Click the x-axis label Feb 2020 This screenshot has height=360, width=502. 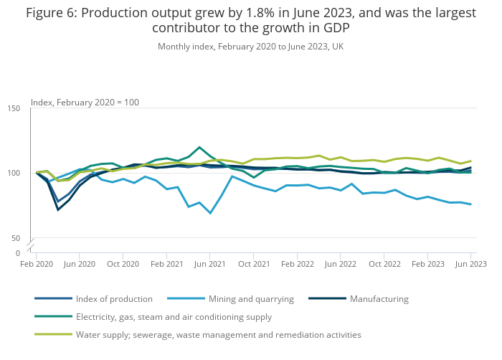[37, 265]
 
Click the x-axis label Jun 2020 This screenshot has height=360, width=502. [80, 265]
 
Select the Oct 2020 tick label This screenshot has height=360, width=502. [123, 265]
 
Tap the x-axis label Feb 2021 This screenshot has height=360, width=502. [166, 265]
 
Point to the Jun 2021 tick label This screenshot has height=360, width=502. [210, 265]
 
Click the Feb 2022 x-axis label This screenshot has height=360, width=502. [297, 265]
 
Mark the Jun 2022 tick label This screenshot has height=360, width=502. [341, 265]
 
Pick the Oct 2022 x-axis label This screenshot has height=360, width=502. [384, 265]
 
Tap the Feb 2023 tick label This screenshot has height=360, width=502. [427, 265]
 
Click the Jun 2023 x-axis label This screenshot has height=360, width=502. [470, 265]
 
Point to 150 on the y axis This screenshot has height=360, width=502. [14, 108]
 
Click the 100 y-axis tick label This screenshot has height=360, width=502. [14, 173]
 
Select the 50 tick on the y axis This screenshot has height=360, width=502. [16, 238]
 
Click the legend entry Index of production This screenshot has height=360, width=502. [114, 299]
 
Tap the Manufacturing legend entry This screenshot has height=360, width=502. [379, 299]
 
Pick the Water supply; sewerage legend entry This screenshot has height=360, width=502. [218, 335]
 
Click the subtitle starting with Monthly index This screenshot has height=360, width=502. [250, 47]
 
